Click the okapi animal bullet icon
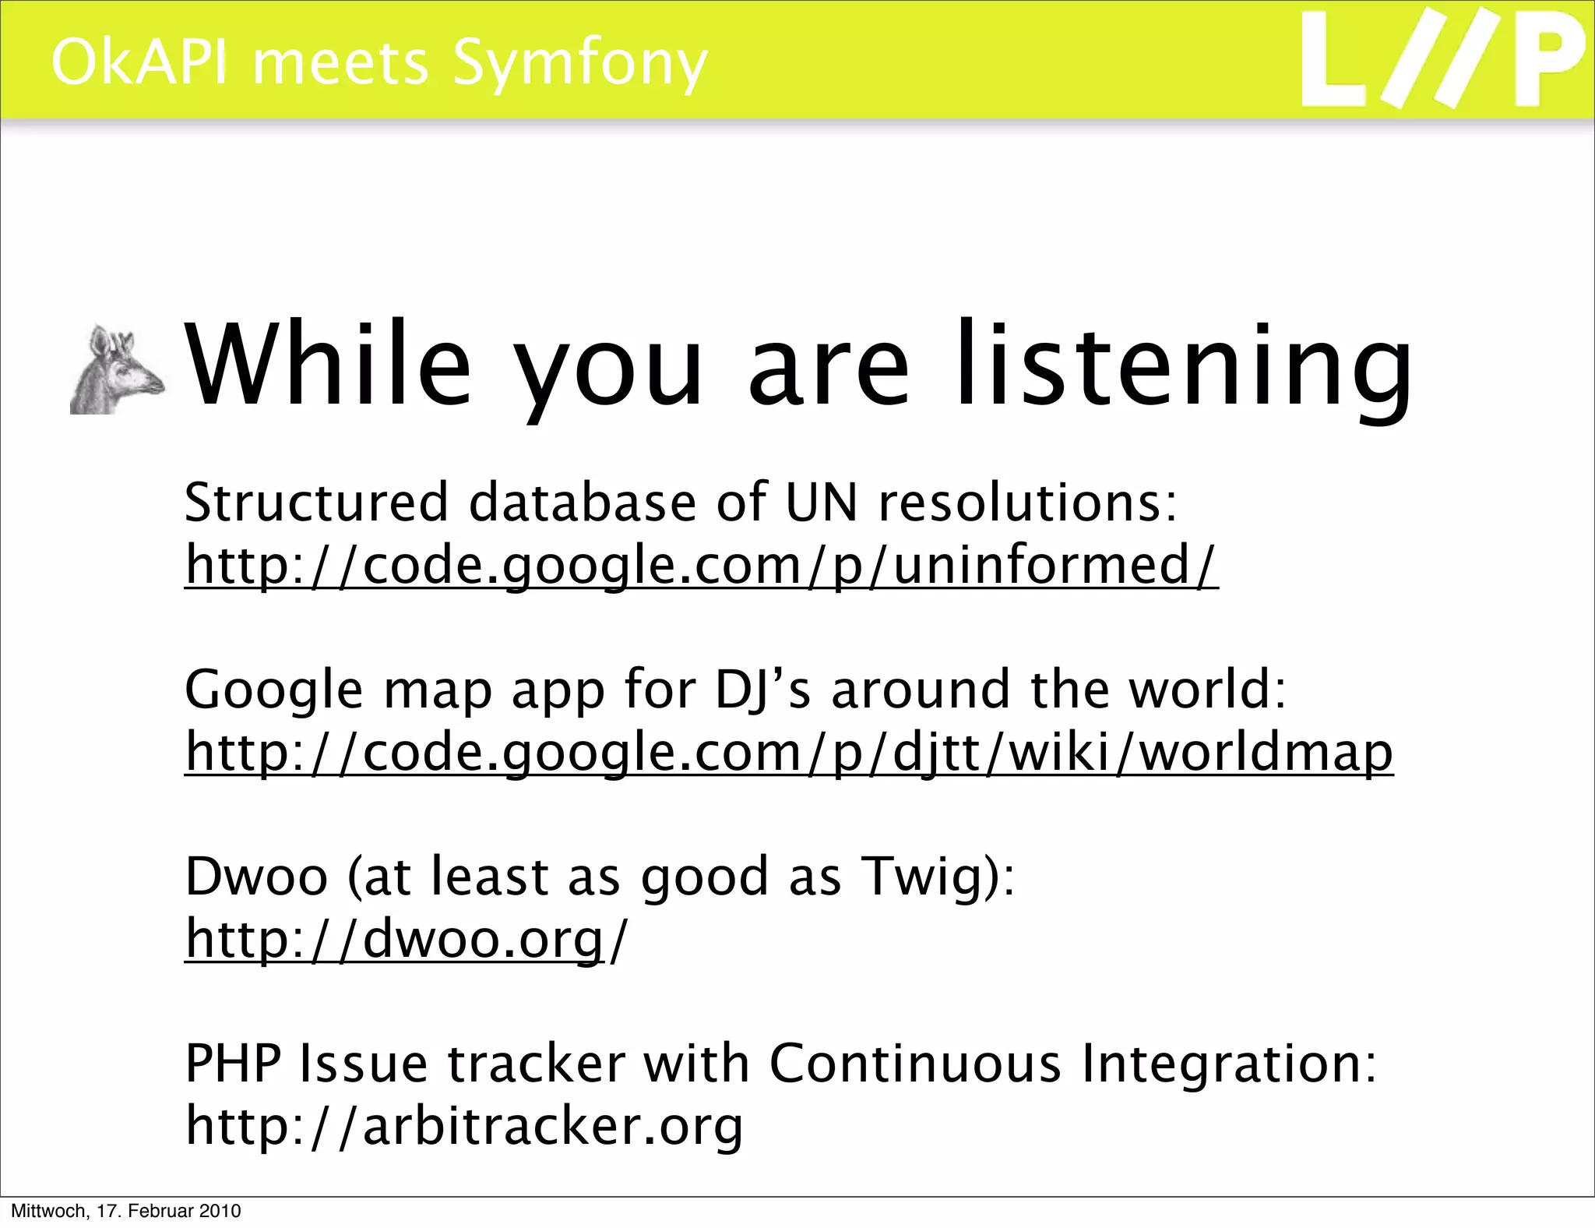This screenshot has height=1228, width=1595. coord(117,370)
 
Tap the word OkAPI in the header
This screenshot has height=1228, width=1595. coord(140,62)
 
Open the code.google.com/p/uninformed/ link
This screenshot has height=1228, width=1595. coord(701,564)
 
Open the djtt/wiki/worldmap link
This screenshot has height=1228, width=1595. coord(788,751)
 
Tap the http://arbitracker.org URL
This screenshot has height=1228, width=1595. coord(464,1125)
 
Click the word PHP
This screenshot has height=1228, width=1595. coord(233,1063)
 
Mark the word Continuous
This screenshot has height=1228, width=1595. coord(915,1063)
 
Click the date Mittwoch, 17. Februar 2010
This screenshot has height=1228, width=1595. coord(125,1211)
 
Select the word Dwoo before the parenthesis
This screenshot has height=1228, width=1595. coord(256,876)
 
